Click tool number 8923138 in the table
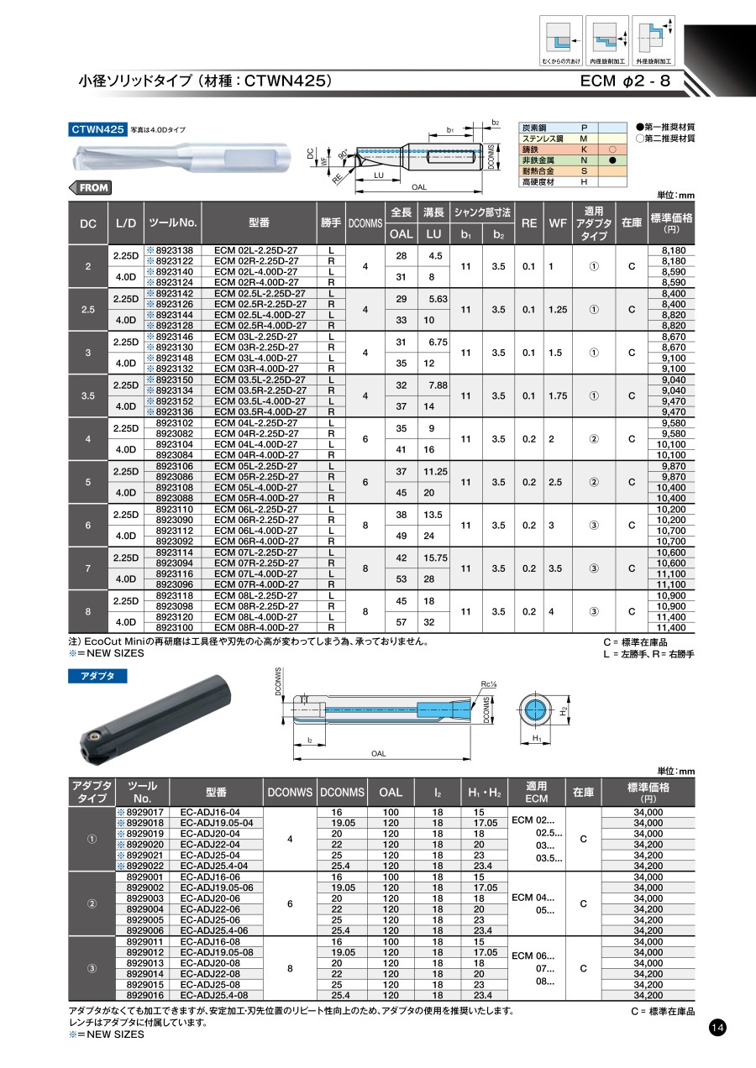(x=175, y=250)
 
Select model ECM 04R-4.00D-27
(x=255, y=455)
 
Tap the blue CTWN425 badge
(x=97, y=129)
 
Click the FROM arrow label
(x=89, y=188)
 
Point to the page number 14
(x=717, y=1029)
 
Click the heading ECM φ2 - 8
(x=625, y=81)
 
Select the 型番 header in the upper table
(x=259, y=222)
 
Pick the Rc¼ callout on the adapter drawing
(x=489, y=683)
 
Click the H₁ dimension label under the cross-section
(x=535, y=738)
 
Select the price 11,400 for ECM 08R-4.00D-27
(x=671, y=627)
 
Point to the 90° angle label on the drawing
(x=343, y=155)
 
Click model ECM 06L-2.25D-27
(x=255, y=510)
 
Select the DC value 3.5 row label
(x=88, y=395)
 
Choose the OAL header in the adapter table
(x=391, y=792)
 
